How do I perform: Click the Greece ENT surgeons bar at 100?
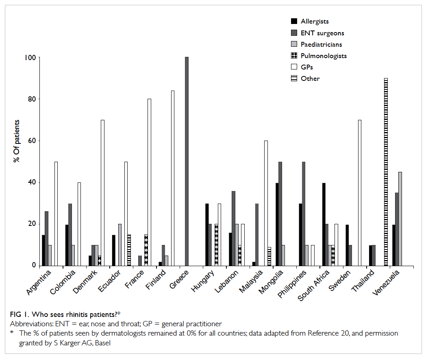click(187, 161)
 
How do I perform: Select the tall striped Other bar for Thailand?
click(386, 172)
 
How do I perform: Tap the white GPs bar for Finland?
click(173, 178)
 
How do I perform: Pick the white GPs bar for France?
click(149, 182)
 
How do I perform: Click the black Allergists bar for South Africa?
click(324, 224)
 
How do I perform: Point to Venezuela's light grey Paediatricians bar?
click(400, 219)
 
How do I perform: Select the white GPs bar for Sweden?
click(359, 193)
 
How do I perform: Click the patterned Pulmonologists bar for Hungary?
click(217, 245)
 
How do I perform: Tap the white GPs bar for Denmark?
click(103, 193)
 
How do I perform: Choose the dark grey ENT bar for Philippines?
click(304, 214)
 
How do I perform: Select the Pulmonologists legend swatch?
click(294, 56)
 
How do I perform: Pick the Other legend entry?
click(305, 78)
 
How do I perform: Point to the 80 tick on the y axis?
click(39, 99)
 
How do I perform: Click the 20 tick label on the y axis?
click(32, 224)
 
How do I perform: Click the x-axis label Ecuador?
click(109, 281)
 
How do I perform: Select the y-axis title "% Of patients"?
click(17, 141)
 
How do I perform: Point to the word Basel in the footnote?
click(103, 343)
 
